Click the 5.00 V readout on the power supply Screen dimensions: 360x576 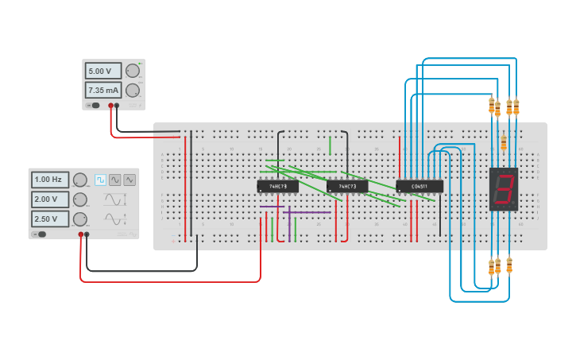pos(103,71)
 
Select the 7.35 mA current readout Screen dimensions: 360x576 pos(103,90)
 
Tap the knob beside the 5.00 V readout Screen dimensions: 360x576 pos(133,71)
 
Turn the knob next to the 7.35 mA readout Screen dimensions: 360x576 pos(133,90)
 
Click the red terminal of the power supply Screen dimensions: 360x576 pos(110,105)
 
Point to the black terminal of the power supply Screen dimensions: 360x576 pos(117,105)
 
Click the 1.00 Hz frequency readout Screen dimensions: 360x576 pos(50,180)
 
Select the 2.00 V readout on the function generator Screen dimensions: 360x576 pos(50,199)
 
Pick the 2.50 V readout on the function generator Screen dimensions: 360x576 pos(50,219)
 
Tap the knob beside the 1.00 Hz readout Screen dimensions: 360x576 pos(80,180)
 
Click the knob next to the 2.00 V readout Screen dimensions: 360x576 pos(80,199)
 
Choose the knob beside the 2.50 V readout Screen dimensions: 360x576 pos(80,219)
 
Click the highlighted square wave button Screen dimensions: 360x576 pos(101,180)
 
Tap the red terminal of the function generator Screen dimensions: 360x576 pos(80,234)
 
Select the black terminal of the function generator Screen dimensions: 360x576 pos(87,234)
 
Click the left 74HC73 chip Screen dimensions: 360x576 pos(277,187)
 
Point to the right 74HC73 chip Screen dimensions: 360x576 pos(347,187)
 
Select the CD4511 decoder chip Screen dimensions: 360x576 pos(419,187)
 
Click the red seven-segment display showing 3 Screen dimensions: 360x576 pos(503,189)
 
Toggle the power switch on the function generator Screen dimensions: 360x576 pos(41,234)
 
